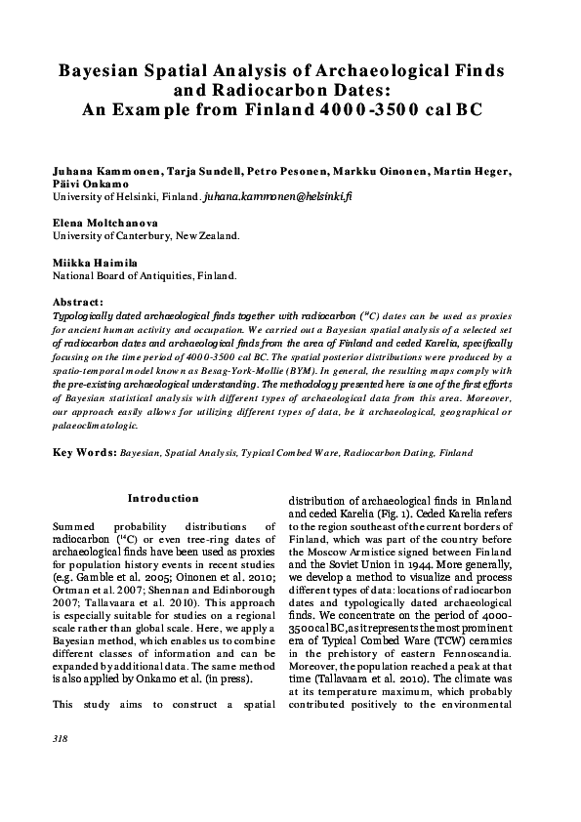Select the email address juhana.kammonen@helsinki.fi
tap(276, 196)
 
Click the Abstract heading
tap(78, 303)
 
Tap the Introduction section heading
tap(163, 498)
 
